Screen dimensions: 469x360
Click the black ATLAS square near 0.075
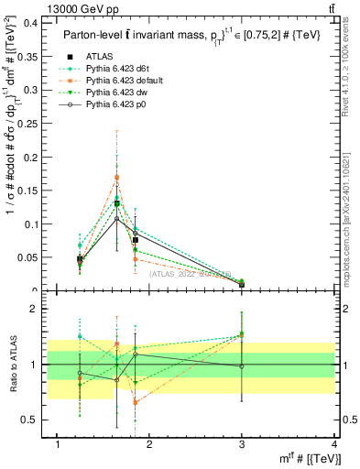pos(135,240)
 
